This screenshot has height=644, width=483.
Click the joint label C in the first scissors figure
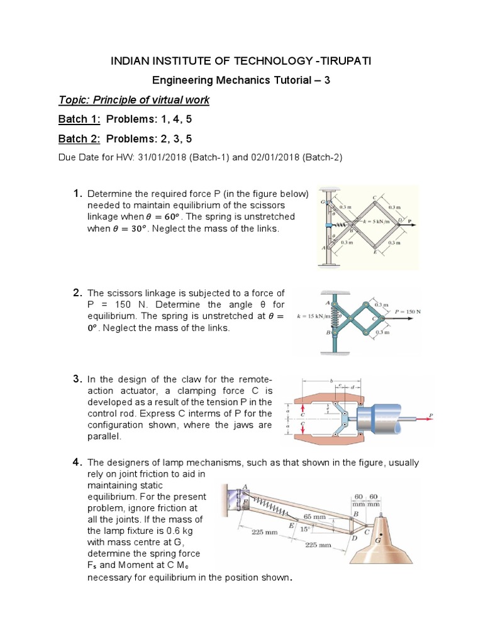pyautogui.click(x=374, y=197)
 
